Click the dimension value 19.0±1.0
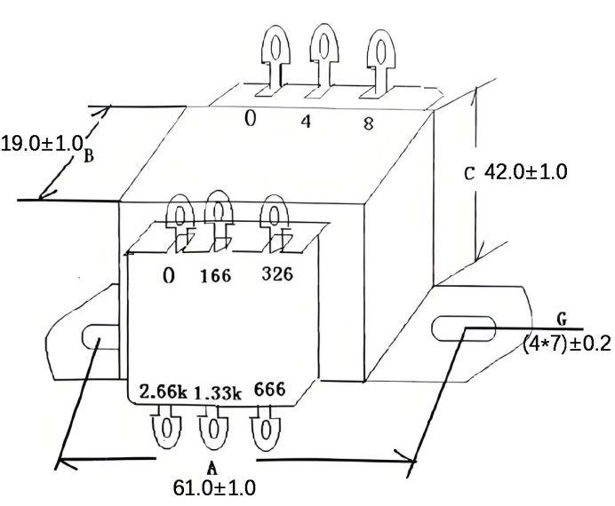(x=42, y=143)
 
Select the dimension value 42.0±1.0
(x=524, y=171)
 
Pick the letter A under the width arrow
(x=212, y=467)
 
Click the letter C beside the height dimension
(x=470, y=173)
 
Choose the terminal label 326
(x=277, y=274)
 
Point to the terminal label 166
(x=214, y=276)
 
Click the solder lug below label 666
(x=265, y=429)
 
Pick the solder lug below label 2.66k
(x=166, y=429)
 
